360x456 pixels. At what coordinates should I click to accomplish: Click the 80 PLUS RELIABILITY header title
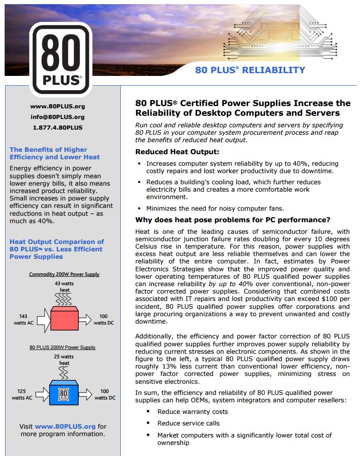[x=250, y=70]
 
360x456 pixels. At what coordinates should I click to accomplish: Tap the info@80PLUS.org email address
[x=57, y=117]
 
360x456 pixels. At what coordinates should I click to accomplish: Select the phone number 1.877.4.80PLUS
[x=57, y=128]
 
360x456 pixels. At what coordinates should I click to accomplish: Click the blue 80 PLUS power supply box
[x=64, y=394]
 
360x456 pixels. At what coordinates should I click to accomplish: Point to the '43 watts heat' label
[x=64, y=287]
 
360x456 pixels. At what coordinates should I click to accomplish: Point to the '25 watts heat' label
[x=64, y=360]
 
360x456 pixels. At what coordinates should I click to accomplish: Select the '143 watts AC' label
[x=22, y=319]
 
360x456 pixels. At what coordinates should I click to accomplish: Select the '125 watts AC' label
[x=22, y=394]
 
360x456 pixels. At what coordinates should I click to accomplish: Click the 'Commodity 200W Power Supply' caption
[x=64, y=274]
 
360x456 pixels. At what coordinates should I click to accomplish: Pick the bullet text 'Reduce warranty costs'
[x=192, y=412]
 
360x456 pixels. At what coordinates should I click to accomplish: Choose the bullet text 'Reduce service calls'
[x=188, y=423]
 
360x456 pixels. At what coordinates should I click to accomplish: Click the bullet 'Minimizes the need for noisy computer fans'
[x=215, y=208]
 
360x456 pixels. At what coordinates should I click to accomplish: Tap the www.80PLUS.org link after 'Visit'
[x=65, y=426]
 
